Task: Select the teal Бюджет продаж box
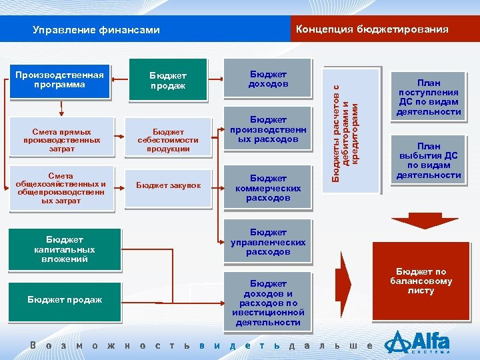(168, 81)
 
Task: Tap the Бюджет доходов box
(268, 79)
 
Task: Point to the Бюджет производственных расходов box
(268, 129)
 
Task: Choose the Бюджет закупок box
(168, 185)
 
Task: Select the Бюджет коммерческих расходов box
(268, 187)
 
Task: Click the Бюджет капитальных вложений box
(65, 249)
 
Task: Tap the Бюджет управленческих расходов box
(268, 242)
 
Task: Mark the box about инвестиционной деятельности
(268, 303)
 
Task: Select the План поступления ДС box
(429, 94)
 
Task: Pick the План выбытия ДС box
(429, 160)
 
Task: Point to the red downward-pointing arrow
(415, 222)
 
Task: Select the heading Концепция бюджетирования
(371, 29)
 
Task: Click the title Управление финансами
(96, 30)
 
